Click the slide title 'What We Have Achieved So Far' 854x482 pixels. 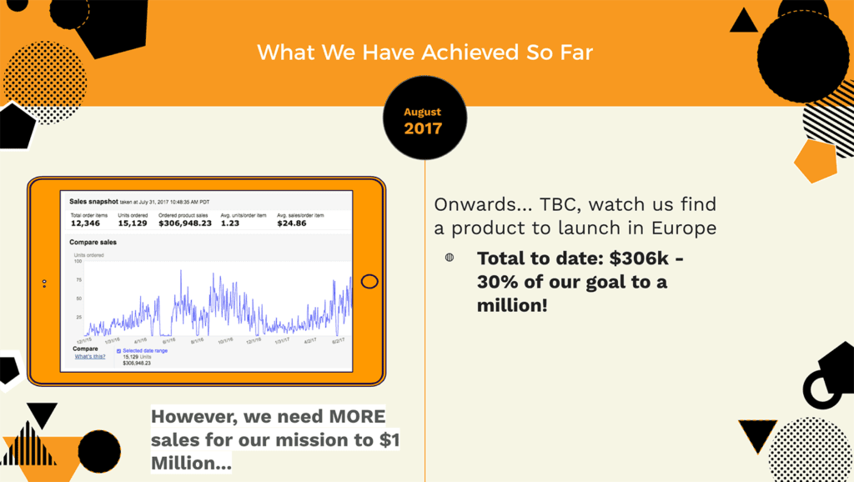pos(424,53)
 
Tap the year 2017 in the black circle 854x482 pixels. pos(423,128)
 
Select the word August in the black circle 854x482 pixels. pos(423,112)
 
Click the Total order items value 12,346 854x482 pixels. pos(85,223)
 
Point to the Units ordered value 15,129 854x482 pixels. pos(133,223)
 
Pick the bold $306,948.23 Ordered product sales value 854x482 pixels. pos(184,223)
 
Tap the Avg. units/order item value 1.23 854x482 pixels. pos(230,223)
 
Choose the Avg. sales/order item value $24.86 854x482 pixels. pos(292,223)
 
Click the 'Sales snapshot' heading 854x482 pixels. pos(93,202)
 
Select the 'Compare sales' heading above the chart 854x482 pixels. pos(93,243)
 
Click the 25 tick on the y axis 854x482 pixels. pos(78,318)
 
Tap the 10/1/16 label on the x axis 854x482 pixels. pos(226,340)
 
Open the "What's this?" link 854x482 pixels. pos(90,356)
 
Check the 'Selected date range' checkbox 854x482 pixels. pos(118,351)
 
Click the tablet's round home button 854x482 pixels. pos(369,282)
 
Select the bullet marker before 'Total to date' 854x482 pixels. pos(450,258)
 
